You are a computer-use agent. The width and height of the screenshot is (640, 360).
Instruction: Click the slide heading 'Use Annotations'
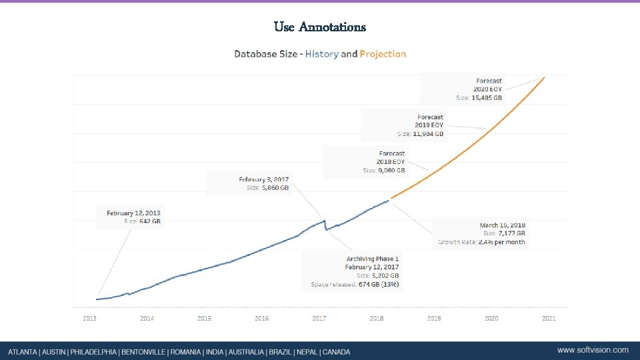click(x=320, y=27)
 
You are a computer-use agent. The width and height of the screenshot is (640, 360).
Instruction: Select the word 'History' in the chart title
click(x=321, y=54)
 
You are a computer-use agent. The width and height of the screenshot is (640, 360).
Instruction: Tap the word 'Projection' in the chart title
click(x=383, y=54)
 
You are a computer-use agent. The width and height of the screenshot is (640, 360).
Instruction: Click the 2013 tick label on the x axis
click(x=90, y=319)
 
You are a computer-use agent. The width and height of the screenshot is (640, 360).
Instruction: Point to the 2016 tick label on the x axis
click(x=262, y=319)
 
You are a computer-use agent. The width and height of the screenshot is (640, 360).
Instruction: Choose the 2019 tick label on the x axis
click(x=434, y=319)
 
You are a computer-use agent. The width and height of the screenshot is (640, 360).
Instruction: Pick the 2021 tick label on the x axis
click(x=549, y=319)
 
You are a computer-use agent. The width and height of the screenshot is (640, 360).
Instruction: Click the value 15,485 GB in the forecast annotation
click(x=487, y=98)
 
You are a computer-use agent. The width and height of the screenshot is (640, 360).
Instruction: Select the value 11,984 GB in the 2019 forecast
click(x=428, y=134)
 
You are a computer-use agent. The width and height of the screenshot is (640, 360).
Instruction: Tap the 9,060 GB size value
click(x=391, y=171)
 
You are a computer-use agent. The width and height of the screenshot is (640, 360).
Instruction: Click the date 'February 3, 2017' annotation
click(x=264, y=179)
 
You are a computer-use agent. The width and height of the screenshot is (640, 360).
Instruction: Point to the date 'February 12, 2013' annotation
click(x=133, y=213)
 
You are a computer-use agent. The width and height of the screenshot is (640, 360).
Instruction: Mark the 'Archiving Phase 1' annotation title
click(x=373, y=259)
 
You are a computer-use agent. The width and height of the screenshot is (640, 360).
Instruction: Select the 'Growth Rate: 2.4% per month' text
click(x=481, y=242)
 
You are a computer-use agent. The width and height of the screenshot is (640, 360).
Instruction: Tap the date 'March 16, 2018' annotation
click(x=502, y=225)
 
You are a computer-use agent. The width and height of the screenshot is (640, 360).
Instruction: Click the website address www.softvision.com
click(x=593, y=350)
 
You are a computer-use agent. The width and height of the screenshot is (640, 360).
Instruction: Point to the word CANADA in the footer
click(x=335, y=351)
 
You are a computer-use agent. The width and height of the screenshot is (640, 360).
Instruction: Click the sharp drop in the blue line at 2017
click(x=325, y=225)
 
